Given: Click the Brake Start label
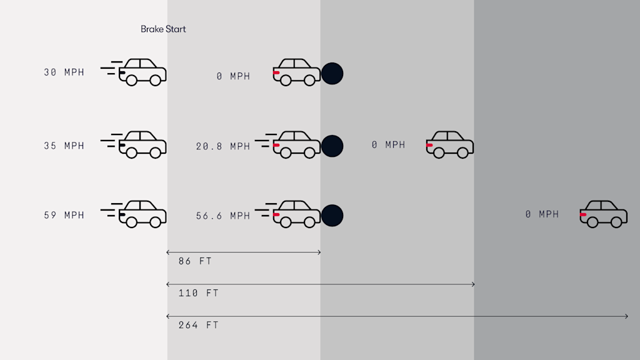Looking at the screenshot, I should pos(163,29).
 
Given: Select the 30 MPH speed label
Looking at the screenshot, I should pos(64,72).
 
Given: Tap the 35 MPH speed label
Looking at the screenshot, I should pos(64,146).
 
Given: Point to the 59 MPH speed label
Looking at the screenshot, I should pos(64,215).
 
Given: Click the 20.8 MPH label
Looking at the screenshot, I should pos(222,146).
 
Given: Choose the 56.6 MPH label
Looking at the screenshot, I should pos(222,216).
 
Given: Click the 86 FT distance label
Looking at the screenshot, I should pos(194,261).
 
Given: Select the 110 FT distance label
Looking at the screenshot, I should pos(198,293).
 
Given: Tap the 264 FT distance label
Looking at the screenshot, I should pos(198,325).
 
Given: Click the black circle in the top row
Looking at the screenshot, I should pos(332,74).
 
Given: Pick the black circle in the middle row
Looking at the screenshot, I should pos(332,146).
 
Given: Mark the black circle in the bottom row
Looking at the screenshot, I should pos(332,216).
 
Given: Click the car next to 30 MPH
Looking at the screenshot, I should pos(143,72).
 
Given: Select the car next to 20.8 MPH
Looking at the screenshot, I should pos(296,144).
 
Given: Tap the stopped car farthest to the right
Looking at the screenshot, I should pos(603,214).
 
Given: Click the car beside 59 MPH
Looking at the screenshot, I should pos(143,214).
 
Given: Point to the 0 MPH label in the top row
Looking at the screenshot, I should pos(233,76).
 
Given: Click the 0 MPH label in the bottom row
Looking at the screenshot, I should pos(542,214).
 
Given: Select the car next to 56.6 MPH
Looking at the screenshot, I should pos(296,214).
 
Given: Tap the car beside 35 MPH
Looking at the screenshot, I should pos(143,144).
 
